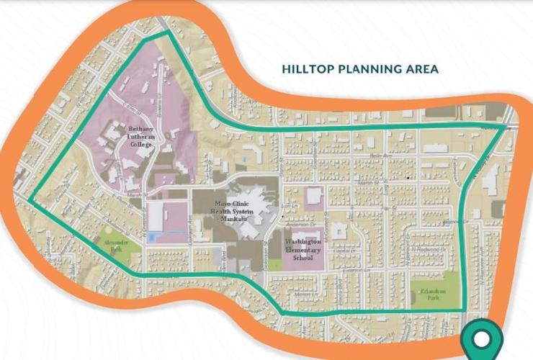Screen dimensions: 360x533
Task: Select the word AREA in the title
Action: (x=424, y=70)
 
